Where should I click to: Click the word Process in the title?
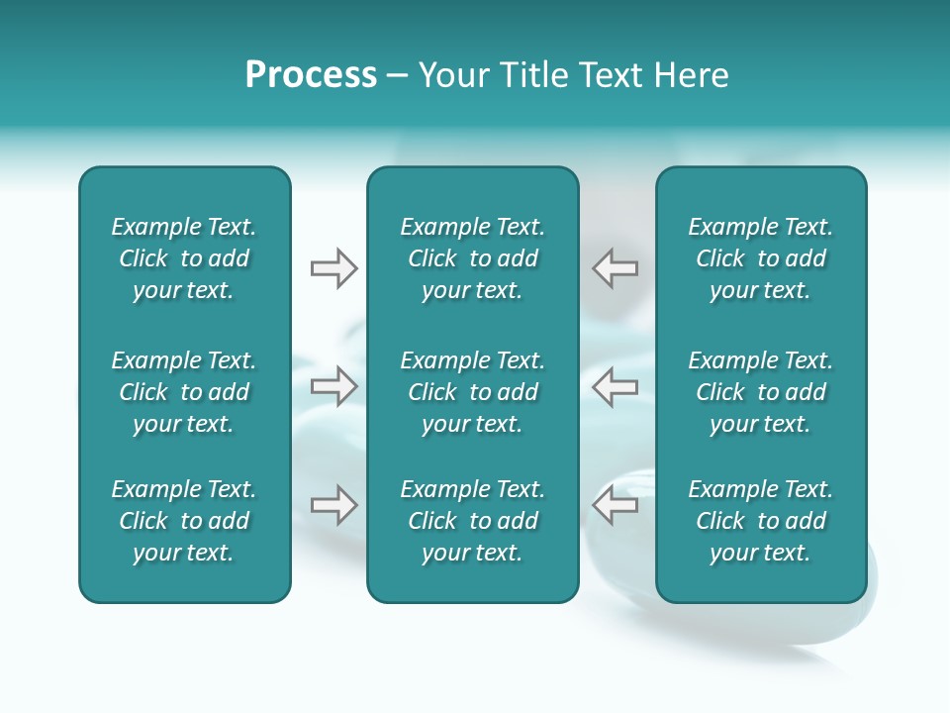311,75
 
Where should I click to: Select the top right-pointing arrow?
334,268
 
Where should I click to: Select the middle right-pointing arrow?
334,386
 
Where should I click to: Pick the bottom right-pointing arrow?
334,505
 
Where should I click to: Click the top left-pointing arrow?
615,268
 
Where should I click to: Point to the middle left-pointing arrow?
615,386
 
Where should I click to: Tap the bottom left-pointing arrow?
615,505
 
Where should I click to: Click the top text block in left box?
184,258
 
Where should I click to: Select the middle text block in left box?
184,392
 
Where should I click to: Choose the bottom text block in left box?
184,521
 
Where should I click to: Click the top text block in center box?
473,258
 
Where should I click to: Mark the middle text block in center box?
473,392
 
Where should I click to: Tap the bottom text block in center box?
473,521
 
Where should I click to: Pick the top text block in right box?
761,258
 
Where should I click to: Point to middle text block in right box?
761,392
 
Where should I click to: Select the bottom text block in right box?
761,521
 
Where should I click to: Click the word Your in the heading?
454,75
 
